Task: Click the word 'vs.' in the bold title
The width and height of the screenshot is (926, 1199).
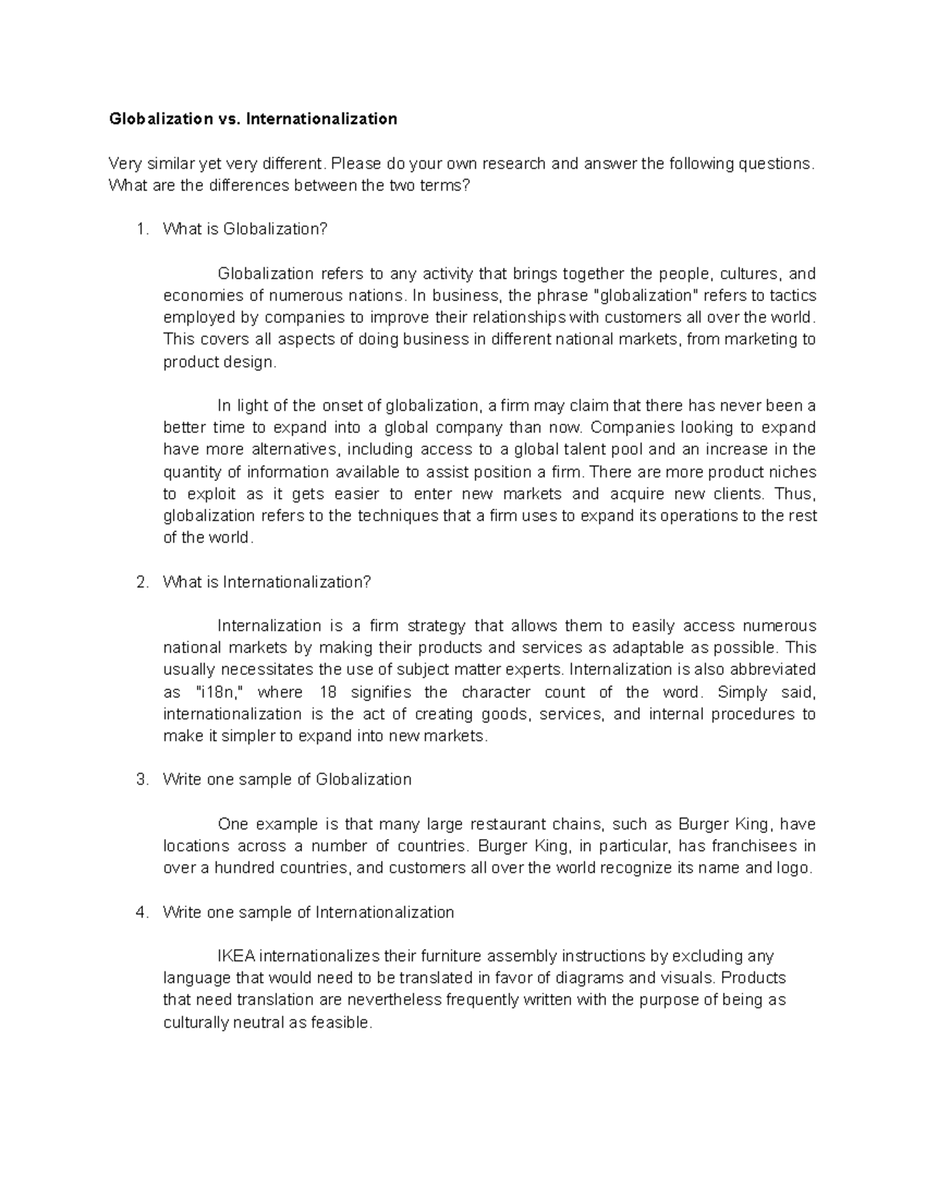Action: click(x=228, y=119)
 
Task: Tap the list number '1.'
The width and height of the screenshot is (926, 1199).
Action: click(x=140, y=229)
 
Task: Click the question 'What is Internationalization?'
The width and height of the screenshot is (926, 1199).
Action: click(x=267, y=582)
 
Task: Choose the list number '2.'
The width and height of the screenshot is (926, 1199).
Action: click(x=140, y=582)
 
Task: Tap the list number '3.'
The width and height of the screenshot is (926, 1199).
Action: click(x=140, y=780)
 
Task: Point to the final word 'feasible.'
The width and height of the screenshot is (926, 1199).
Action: click(x=341, y=1023)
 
